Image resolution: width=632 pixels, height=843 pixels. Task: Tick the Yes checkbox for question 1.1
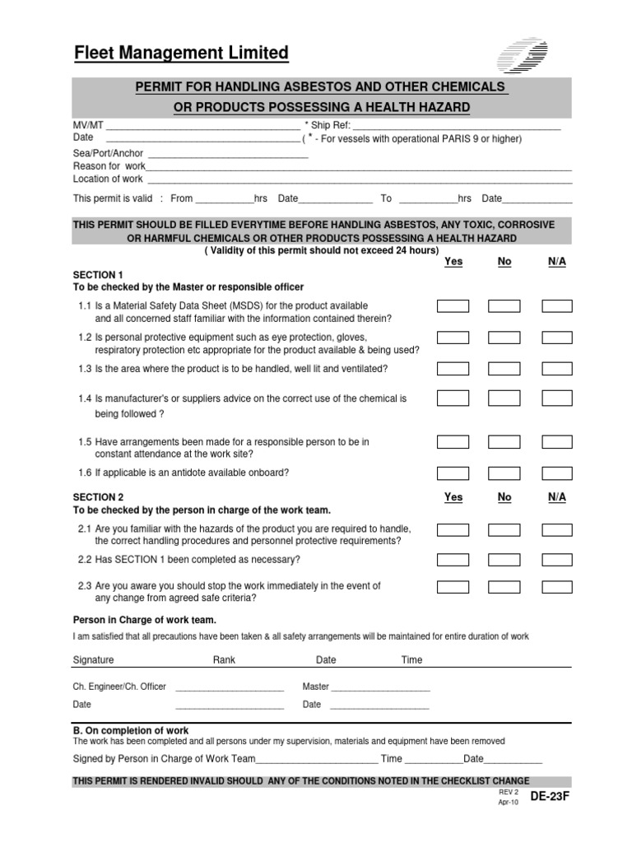(453, 306)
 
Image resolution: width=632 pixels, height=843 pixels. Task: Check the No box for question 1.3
(504, 368)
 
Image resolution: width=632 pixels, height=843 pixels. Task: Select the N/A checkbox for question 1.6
(557, 473)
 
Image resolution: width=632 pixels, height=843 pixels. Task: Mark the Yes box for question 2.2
(453, 560)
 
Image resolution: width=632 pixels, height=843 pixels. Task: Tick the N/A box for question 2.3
(557, 588)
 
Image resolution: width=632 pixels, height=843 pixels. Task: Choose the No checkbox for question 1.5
(504, 442)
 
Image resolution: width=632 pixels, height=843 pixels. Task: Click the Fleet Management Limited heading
(181, 54)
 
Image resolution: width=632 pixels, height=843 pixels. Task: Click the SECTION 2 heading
(98, 497)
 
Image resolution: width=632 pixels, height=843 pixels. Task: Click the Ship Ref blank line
(456, 127)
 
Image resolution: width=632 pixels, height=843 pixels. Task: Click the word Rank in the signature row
(224, 659)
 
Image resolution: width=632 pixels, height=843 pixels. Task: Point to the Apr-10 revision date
(509, 802)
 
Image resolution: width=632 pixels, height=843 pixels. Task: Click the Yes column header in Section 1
(453, 262)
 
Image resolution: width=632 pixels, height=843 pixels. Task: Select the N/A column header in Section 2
(557, 497)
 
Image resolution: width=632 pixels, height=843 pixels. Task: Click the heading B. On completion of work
(131, 730)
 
